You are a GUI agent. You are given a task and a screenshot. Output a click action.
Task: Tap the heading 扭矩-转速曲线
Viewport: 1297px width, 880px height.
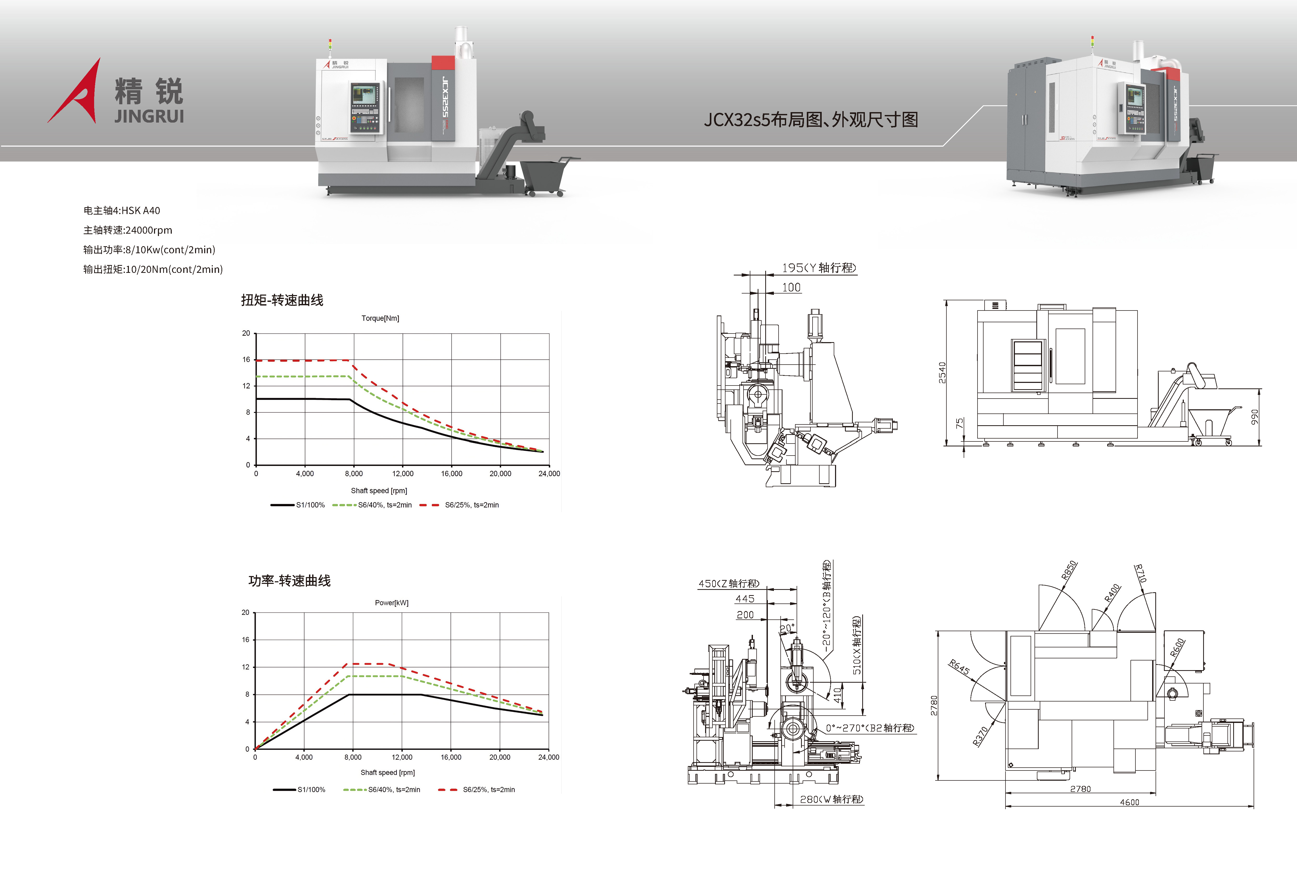pyautogui.click(x=282, y=300)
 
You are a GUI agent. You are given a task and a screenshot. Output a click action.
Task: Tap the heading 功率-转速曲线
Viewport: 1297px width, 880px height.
pyautogui.click(x=289, y=581)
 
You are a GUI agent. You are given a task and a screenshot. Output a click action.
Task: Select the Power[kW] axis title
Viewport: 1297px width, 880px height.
pyautogui.click(x=391, y=603)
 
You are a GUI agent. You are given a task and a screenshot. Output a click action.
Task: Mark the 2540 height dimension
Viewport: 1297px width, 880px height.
pyautogui.click(x=942, y=372)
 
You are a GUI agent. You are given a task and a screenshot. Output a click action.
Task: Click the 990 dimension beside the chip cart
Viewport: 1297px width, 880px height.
pyautogui.click(x=1254, y=417)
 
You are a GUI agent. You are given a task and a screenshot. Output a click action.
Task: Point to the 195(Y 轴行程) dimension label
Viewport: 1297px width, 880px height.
pyautogui.click(x=818, y=268)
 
